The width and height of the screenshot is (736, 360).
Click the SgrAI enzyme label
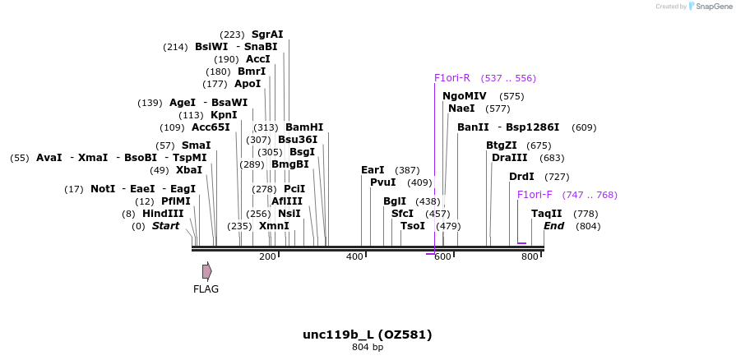coord(267,35)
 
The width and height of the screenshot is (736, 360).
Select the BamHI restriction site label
coord(304,127)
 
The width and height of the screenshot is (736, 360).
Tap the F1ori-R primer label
coord(452,78)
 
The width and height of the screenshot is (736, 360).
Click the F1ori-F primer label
coord(535,195)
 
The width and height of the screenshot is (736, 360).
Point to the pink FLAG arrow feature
coord(207,270)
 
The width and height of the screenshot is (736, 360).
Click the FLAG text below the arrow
coord(206,289)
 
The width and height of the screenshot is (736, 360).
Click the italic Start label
coord(165,226)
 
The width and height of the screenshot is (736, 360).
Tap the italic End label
coord(553,226)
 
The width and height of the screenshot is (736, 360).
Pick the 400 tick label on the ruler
coord(354,257)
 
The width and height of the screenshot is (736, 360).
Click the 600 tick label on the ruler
coord(442,257)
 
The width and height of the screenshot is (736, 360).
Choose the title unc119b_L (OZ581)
coord(368,335)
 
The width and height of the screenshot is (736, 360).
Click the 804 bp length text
coord(368,348)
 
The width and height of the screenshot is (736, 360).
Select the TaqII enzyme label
coord(546,214)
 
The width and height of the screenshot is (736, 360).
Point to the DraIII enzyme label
coord(509,158)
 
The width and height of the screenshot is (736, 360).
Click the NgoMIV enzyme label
coord(465,96)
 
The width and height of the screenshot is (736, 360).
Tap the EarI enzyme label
coord(373,170)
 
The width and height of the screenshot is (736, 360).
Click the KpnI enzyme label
coord(224,115)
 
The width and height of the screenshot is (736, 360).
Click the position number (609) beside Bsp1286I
coord(584,127)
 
